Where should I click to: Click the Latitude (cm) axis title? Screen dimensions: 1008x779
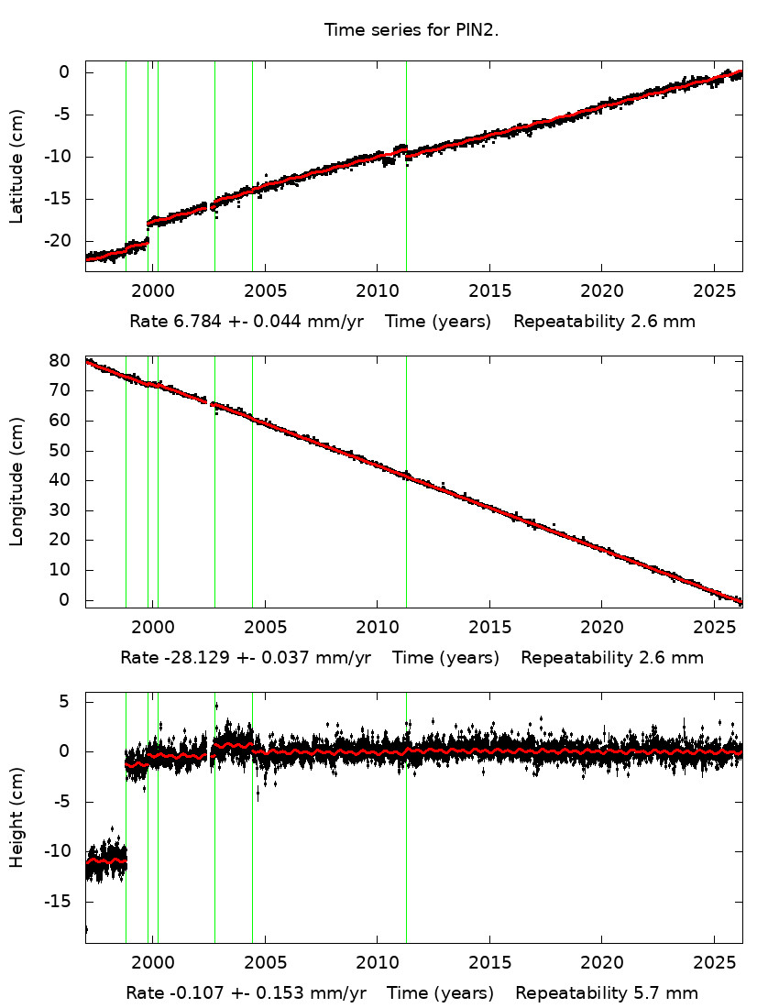[16, 166]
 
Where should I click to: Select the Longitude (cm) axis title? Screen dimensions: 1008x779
[16, 481]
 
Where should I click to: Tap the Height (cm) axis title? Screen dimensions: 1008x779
[16, 818]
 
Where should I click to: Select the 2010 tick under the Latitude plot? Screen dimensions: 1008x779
[377, 292]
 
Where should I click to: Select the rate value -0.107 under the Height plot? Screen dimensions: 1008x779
[187, 993]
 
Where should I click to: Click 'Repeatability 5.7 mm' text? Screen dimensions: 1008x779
[607, 993]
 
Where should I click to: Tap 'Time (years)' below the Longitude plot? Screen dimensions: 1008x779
[446, 658]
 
